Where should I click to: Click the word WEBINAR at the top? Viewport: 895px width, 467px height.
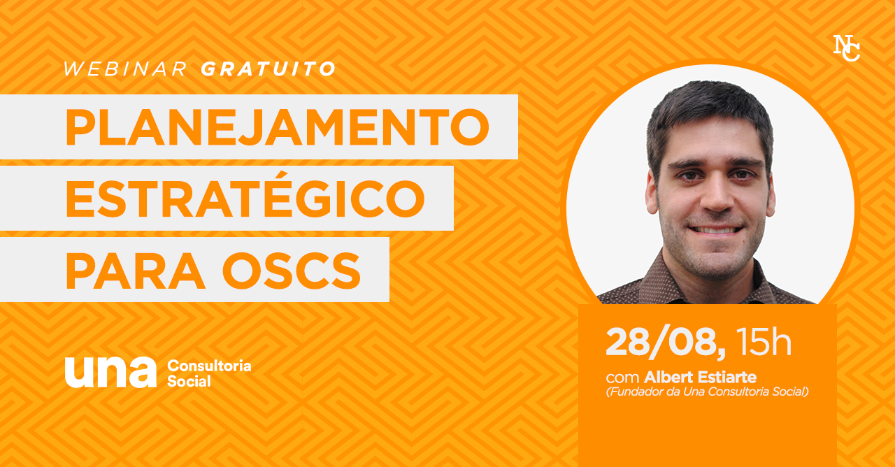(x=125, y=69)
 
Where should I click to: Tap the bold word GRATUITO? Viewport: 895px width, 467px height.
(x=268, y=69)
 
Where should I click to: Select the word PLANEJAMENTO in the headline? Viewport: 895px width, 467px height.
(x=278, y=127)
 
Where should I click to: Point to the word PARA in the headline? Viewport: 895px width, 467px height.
(x=136, y=271)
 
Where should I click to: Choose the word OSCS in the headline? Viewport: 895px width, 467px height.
(x=292, y=271)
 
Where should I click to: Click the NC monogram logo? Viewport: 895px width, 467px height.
(x=846, y=48)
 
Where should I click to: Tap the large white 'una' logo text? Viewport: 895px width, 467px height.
(x=110, y=373)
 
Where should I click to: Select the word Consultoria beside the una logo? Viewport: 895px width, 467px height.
(x=209, y=366)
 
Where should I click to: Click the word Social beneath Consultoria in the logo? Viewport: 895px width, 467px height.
(x=189, y=381)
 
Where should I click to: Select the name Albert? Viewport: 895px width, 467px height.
(x=668, y=377)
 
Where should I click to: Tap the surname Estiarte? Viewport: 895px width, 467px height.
(x=727, y=377)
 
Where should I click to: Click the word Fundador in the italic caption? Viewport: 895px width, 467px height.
(x=635, y=391)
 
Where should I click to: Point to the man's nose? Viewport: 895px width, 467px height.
(x=717, y=196)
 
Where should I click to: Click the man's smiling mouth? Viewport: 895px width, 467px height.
(x=716, y=231)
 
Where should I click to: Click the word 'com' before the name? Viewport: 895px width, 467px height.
(x=622, y=378)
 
